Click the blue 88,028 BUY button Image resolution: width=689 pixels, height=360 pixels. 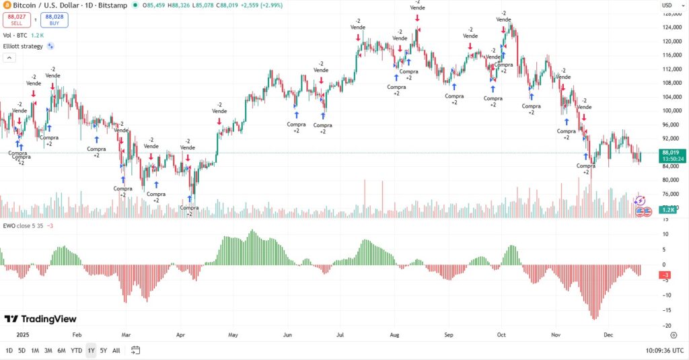[x=54, y=20]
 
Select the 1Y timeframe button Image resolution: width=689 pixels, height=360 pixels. [x=91, y=350]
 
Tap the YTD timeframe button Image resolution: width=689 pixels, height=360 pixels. [x=76, y=350]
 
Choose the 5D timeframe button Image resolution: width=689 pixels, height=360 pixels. [x=22, y=350]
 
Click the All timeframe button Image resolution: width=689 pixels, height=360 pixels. [x=116, y=350]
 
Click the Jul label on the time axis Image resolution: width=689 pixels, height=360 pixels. [x=340, y=334]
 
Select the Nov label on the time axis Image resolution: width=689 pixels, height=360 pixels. [x=556, y=334]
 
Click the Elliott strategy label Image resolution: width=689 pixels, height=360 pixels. [x=23, y=46]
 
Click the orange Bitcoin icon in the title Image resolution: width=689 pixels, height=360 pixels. [x=7, y=5]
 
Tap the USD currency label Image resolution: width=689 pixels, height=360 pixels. [x=667, y=5]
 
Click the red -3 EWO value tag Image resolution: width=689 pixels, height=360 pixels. [x=664, y=275]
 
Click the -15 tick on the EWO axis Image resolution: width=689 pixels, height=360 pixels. [x=664, y=310]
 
